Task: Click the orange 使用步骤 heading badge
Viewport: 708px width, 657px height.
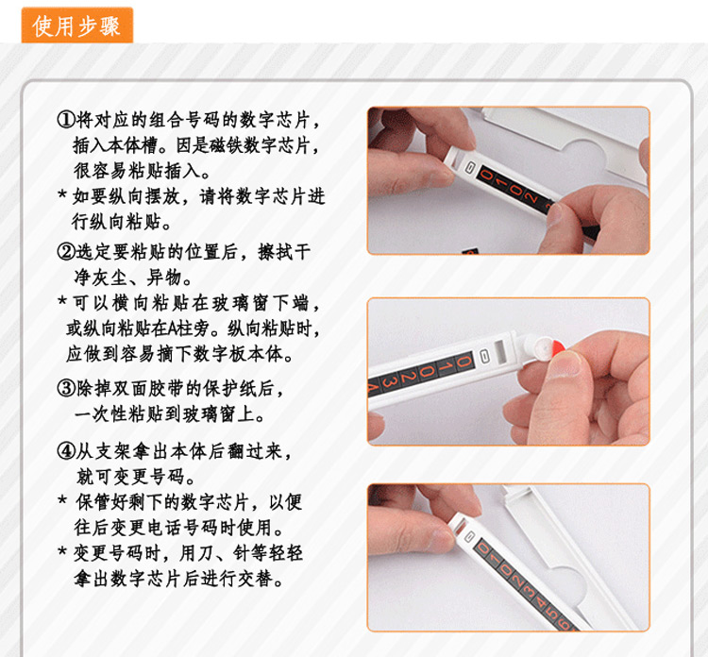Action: tap(77, 25)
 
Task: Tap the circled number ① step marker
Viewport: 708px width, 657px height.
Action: tap(66, 120)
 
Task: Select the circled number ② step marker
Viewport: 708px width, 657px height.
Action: tap(66, 251)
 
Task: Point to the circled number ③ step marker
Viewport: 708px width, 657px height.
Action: tap(66, 388)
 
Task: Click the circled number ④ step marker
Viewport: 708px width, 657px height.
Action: tap(66, 450)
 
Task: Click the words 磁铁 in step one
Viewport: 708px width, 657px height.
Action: tap(226, 145)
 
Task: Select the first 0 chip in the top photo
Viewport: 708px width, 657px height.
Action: tap(487, 174)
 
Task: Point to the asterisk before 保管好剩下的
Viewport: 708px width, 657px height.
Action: tap(62, 499)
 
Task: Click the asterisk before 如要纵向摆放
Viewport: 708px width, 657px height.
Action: tap(62, 194)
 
